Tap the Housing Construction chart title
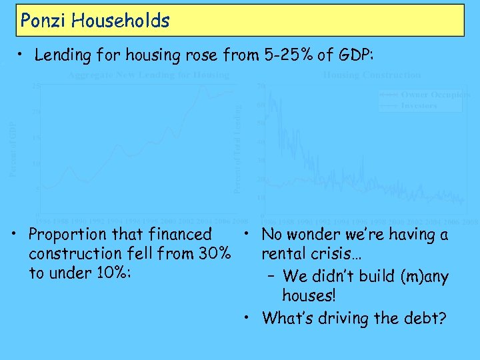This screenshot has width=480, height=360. tap(371, 75)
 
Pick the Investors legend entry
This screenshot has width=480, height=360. tap(419, 105)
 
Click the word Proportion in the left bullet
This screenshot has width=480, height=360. tap(67, 235)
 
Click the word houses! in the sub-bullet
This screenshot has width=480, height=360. tap(309, 295)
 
